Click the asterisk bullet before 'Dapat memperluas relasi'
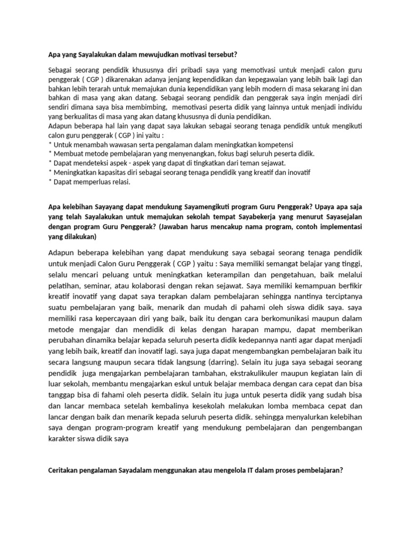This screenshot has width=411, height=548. (x=50, y=181)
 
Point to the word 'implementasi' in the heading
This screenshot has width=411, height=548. (x=342, y=227)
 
